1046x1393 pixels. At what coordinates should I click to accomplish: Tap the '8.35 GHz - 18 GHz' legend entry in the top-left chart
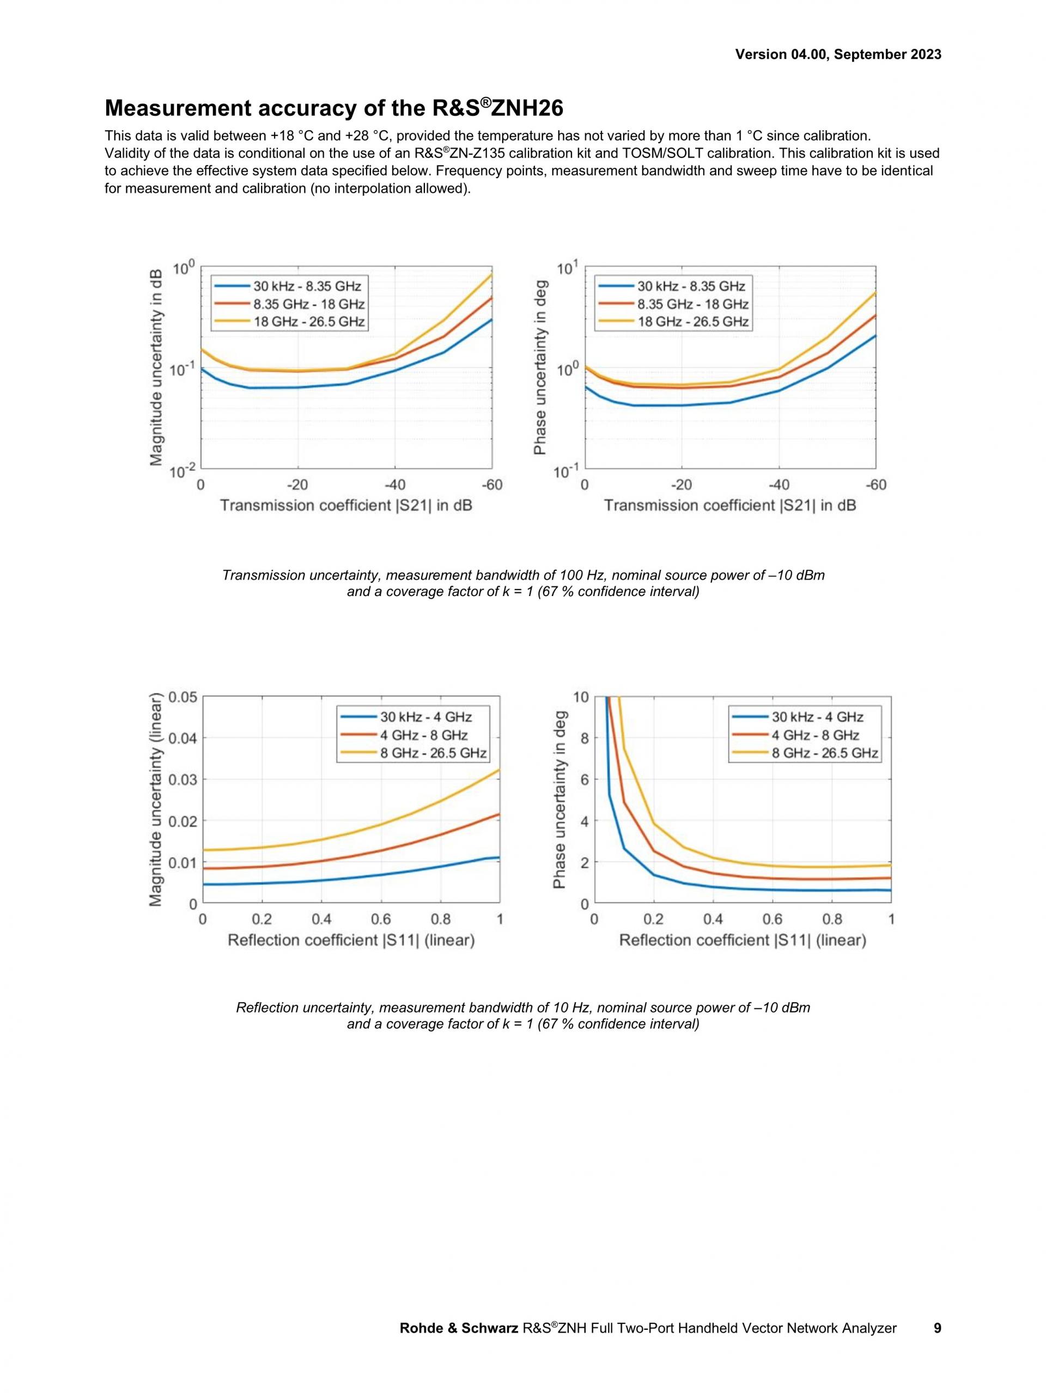tap(309, 304)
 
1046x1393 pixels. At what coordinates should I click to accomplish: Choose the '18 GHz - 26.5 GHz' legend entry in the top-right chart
tap(692, 322)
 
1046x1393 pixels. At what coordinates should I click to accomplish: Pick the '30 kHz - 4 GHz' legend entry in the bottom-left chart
tap(426, 717)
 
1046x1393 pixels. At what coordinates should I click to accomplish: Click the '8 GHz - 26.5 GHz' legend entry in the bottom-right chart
tap(825, 753)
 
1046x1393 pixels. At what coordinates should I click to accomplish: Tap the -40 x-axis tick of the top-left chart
tap(394, 485)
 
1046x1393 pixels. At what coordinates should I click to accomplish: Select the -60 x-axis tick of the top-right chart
tap(875, 485)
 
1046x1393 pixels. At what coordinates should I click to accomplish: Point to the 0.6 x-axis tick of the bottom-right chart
tap(773, 919)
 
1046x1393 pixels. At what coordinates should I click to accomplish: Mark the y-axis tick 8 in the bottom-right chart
tap(585, 738)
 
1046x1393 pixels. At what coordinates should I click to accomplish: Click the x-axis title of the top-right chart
tap(729, 506)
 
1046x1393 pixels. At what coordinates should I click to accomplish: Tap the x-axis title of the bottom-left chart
tap(351, 940)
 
